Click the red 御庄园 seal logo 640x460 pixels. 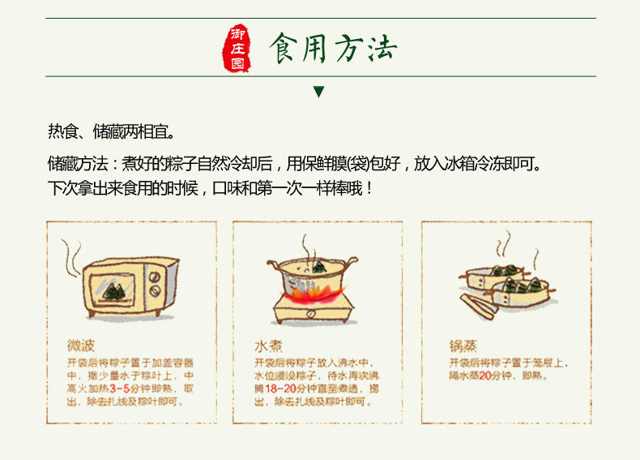237,49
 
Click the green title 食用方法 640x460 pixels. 333,48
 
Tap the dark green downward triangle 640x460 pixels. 318,92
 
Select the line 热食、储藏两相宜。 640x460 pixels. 112,131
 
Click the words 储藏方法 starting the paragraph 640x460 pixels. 78,164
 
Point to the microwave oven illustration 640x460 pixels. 130,287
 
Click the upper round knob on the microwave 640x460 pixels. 154,277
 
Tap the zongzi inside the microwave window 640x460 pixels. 113,291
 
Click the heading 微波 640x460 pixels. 81,346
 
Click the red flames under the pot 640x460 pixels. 313,294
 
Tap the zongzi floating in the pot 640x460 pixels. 318,267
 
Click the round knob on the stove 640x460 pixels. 311,314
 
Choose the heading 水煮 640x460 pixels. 268,346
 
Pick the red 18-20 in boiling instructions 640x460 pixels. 281,389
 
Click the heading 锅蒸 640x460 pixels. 463,346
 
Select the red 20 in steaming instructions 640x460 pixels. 485,376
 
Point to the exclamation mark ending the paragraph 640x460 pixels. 369,188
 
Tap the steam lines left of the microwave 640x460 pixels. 72,259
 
